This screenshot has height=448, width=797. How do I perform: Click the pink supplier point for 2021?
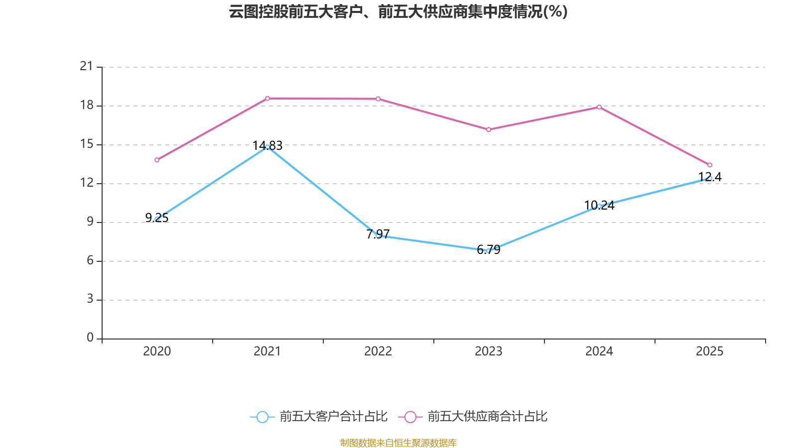coord(267,98)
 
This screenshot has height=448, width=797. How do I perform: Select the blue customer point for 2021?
coord(267,147)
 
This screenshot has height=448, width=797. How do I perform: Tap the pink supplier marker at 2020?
coord(157,160)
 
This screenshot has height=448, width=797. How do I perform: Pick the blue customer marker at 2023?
coord(489,250)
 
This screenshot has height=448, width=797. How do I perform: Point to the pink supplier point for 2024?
coord(599,107)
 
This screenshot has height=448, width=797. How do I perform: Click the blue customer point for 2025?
coord(710,178)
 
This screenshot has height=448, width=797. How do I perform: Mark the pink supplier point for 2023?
coord(489,129)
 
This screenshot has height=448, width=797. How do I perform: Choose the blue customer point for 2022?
coord(378,235)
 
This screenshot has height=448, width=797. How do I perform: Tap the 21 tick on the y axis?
coord(87,66)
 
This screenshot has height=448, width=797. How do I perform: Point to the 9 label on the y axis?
coord(90,222)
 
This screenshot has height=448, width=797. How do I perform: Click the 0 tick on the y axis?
coord(90,338)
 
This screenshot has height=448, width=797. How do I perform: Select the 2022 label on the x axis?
coord(378,351)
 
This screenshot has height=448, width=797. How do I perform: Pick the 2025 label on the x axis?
coord(710,351)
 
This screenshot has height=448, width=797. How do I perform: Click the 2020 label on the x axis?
coord(157,351)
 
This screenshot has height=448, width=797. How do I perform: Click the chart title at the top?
coord(398,12)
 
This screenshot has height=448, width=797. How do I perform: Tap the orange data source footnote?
coord(398,443)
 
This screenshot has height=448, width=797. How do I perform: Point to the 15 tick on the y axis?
coord(87,144)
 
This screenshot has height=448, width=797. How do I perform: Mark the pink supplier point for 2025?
coord(710,165)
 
